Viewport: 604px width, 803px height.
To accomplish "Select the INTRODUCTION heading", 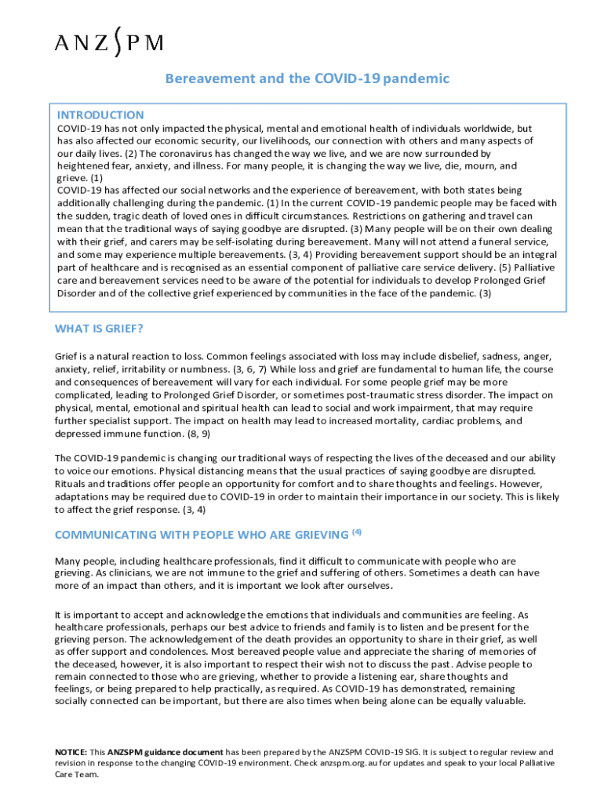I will click(100, 114).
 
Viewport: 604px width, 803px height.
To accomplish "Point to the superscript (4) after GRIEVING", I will click(357, 532).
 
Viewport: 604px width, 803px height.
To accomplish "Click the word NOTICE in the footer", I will click(71, 751).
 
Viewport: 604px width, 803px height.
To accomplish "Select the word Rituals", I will click(73, 483).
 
